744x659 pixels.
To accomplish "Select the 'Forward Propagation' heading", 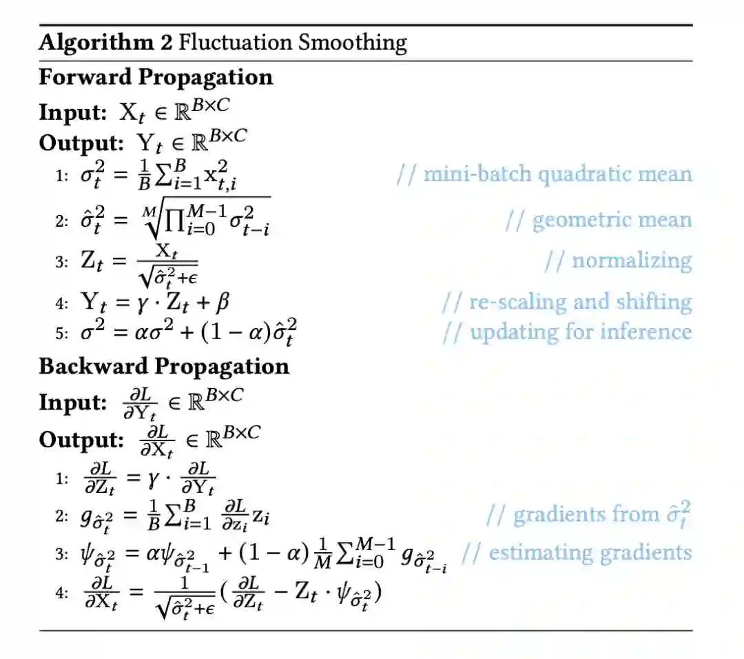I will pos(156,77).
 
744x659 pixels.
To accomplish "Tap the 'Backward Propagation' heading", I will pos(164,366).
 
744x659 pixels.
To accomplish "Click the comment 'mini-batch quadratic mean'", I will pos(544,174).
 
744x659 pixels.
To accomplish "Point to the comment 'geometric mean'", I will pos(598,220).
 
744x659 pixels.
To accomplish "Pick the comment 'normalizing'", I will pos(618,261).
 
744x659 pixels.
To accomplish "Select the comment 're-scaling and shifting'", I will pos(566,301).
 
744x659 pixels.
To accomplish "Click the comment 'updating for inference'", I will pos(566,332).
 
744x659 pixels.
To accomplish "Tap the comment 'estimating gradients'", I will pos(576,552).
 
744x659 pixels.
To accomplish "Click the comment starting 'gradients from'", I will pos(588,514).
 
